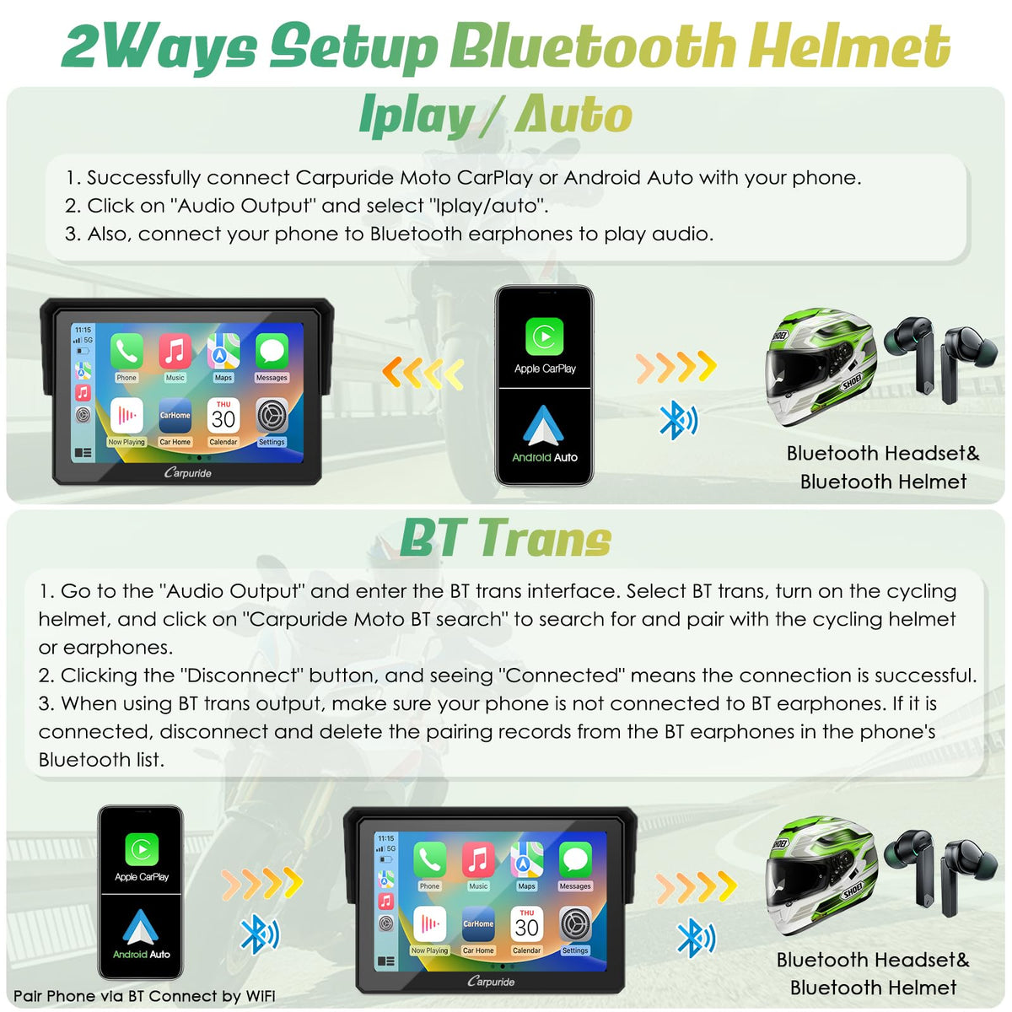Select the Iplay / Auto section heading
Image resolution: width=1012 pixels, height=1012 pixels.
(495, 116)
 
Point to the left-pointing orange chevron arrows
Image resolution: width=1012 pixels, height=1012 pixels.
(423, 373)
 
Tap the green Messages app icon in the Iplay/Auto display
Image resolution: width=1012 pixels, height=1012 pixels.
(272, 350)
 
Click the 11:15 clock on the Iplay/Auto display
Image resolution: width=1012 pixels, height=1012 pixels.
(83, 330)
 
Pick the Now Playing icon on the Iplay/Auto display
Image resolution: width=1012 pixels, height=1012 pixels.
(126, 415)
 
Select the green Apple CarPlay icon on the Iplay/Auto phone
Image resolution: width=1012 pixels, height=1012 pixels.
(544, 336)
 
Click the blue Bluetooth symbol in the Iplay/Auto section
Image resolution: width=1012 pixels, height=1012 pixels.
(679, 420)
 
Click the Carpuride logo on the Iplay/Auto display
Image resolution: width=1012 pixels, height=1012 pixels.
(187, 472)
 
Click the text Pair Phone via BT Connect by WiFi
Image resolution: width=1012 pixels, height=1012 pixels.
(144, 996)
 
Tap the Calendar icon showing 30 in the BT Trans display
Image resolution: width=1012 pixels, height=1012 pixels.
(526, 923)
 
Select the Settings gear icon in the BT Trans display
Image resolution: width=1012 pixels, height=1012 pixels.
(575, 923)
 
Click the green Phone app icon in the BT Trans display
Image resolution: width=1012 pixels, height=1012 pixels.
(429, 859)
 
